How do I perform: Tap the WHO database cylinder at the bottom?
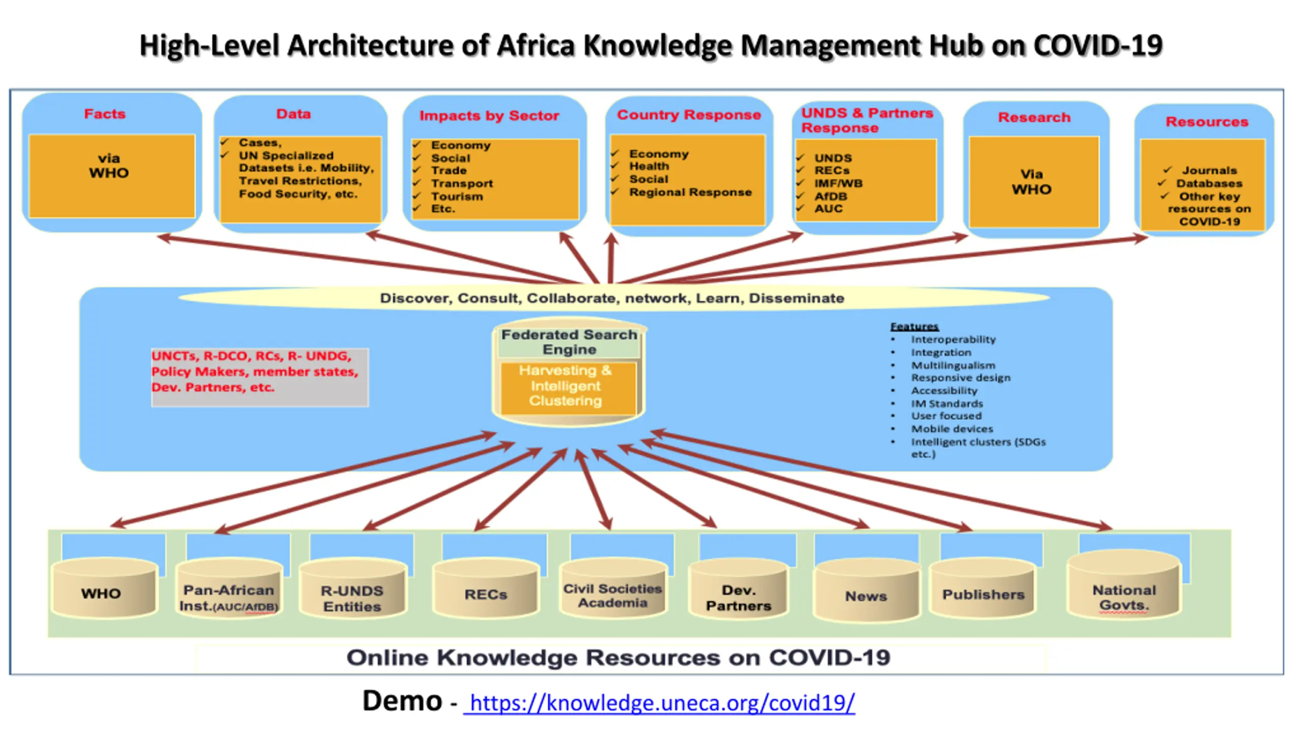pyautogui.click(x=104, y=591)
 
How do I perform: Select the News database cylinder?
pyautogui.click(x=866, y=594)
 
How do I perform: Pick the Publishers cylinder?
pyautogui.click(x=983, y=592)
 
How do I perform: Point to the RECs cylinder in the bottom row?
pyautogui.click(x=486, y=592)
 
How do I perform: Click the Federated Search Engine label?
pyautogui.click(x=569, y=342)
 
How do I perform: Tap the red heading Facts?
pyautogui.click(x=105, y=113)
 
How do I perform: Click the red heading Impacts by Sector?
pyautogui.click(x=489, y=115)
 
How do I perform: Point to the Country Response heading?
pyautogui.click(x=689, y=114)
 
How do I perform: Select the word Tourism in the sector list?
pyautogui.click(x=457, y=196)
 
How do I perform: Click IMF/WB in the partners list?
pyautogui.click(x=838, y=183)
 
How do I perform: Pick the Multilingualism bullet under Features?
pyautogui.click(x=953, y=365)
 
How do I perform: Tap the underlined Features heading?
pyautogui.click(x=914, y=326)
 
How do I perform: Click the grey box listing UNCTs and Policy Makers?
pyautogui.click(x=259, y=377)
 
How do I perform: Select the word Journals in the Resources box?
pyautogui.click(x=1209, y=170)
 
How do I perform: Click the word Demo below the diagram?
pyautogui.click(x=402, y=701)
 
